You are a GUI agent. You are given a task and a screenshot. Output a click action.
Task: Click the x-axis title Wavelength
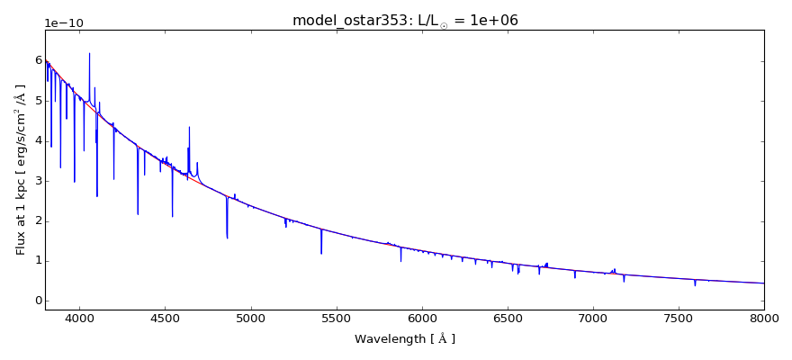pyautogui.click(x=405, y=339)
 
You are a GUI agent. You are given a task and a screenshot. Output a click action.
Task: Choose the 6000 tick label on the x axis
pyautogui.click(x=422, y=318)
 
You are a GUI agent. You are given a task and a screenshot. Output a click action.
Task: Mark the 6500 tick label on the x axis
pyautogui.click(x=508, y=318)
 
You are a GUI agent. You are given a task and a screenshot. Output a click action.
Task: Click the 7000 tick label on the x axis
pyautogui.click(x=593, y=318)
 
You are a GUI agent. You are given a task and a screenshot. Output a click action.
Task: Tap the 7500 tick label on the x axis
pyautogui.click(x=679, y=318)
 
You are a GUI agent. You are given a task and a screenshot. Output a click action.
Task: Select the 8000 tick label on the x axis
pyautogui.click(x=764, y=318)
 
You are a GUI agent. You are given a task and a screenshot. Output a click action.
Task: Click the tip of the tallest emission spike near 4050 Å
pyautogui.click(x=89, y=54)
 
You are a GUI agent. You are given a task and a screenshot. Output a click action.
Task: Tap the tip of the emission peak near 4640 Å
pyautogui.click(x=189, y=128)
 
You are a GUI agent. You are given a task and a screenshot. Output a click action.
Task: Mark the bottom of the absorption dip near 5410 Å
pyautogui.click(x=321, y=253)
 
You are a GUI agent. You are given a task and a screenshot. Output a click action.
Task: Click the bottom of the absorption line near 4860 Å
pyautogui.click(x=227, y=238)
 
